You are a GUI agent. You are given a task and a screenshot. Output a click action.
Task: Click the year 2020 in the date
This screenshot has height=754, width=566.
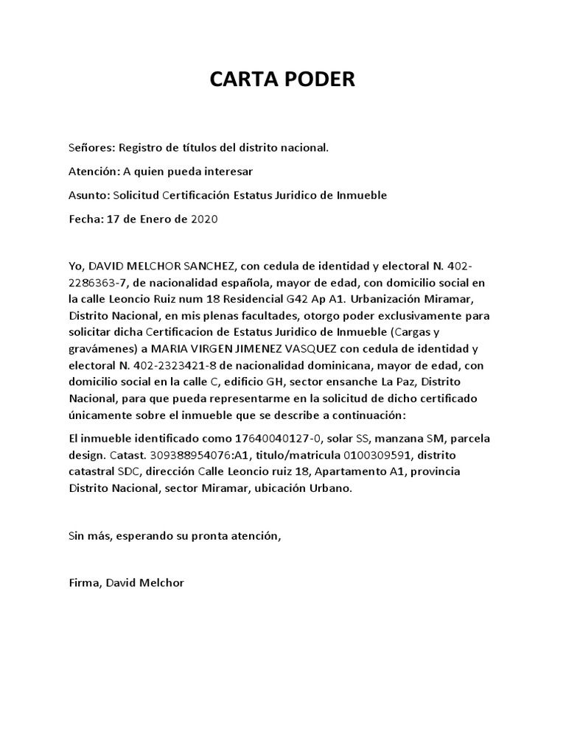[x=204, y=219]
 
